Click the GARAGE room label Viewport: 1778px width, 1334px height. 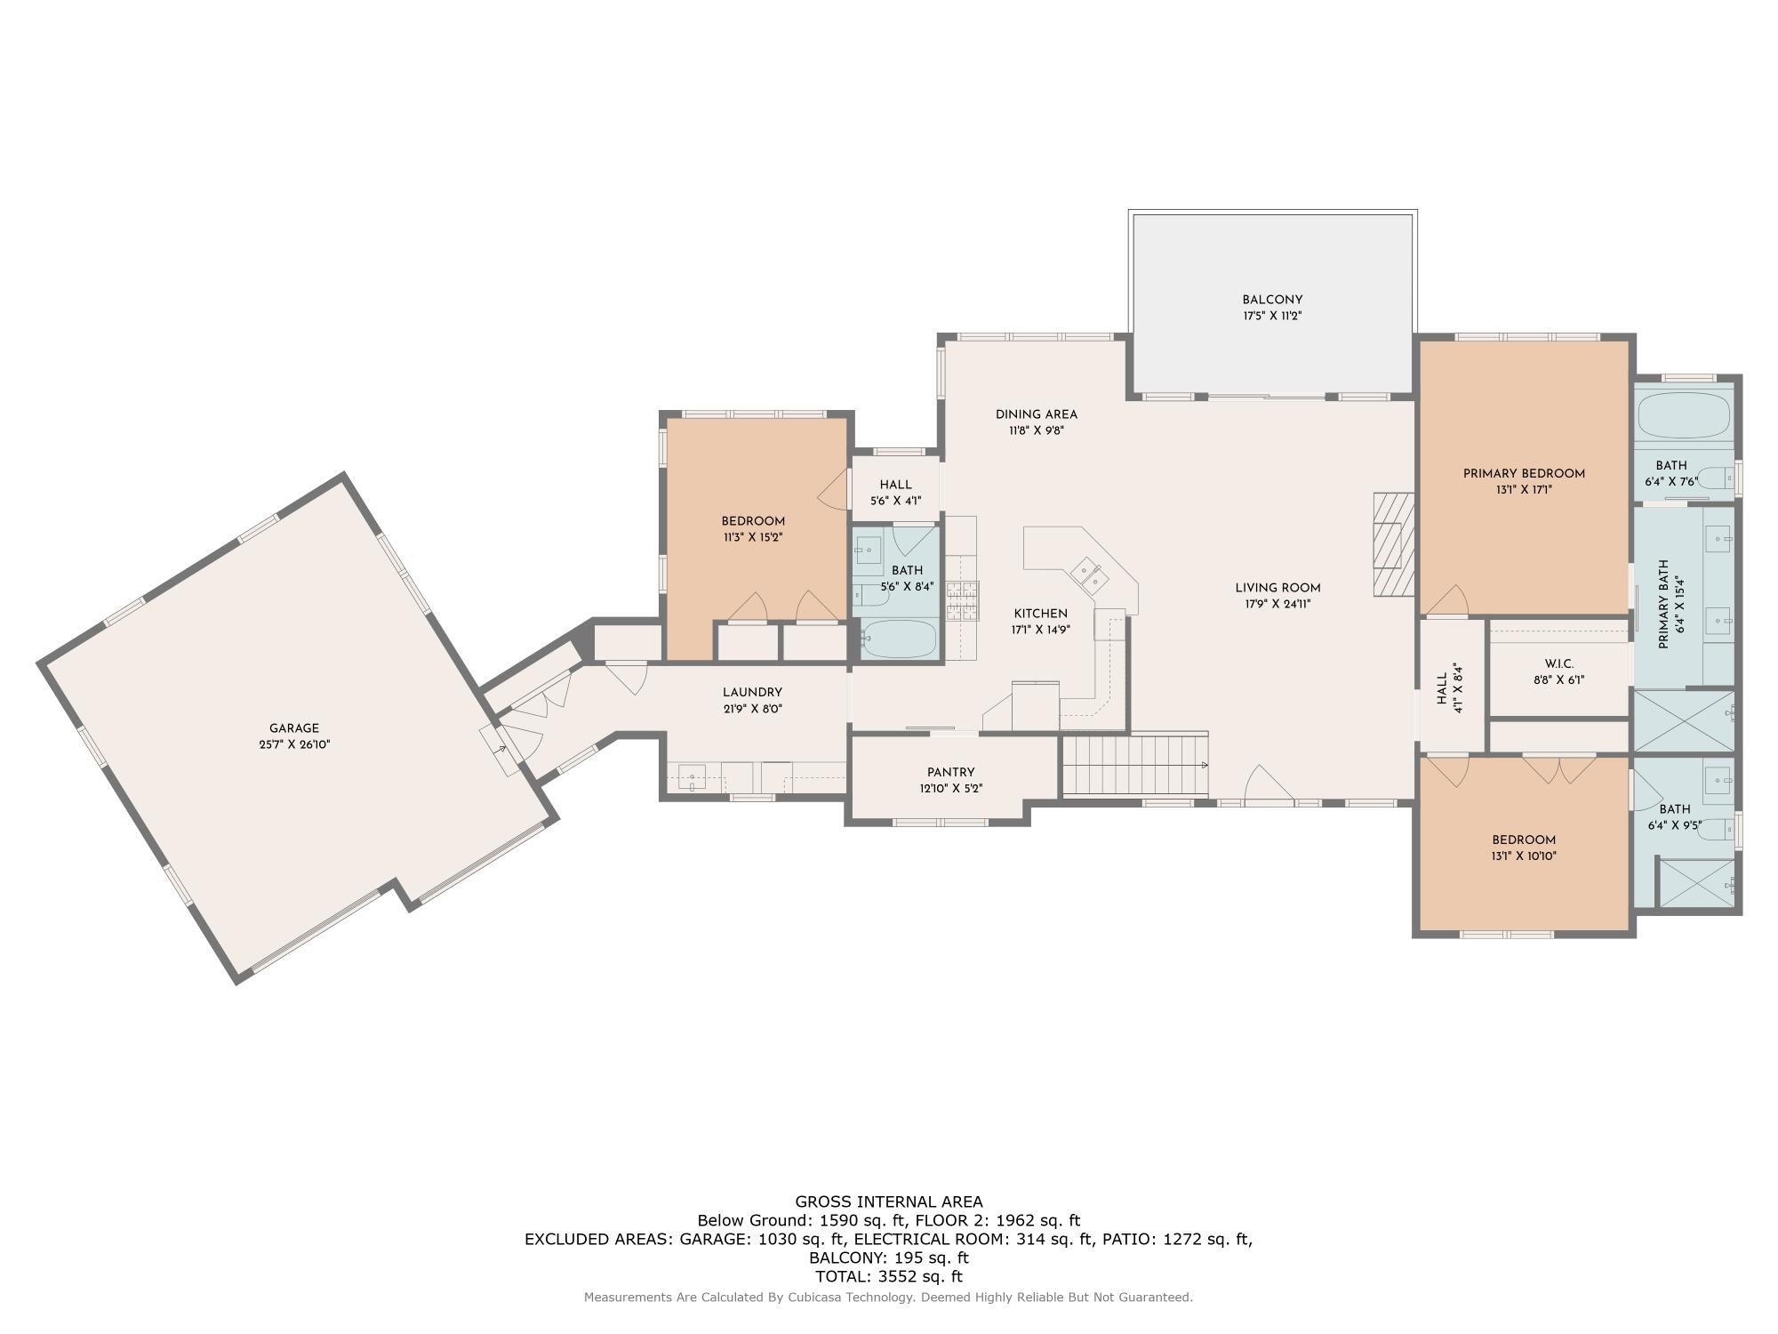(294, 728)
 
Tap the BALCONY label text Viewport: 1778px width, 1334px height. (1272, 300)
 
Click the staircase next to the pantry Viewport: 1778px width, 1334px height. (1134, 765)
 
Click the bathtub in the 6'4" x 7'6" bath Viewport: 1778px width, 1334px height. (1684, 415)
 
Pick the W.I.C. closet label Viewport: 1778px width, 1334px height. (1559, 663)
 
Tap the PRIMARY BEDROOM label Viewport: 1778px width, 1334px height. (1524, 473)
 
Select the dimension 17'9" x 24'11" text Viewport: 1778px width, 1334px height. (1277, 604)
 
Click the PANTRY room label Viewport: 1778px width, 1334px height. (950, 772)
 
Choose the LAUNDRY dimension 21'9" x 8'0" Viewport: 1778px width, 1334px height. (752, 709)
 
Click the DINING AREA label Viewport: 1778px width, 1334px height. (1036, 414)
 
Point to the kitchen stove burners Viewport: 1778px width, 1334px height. (962, 600)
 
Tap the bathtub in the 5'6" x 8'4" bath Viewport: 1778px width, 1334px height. (899, 639)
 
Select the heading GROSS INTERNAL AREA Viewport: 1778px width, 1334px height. (888, 1201)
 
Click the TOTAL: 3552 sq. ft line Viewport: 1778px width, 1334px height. (888, 1276)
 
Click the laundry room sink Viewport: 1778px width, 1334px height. (692, 775)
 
